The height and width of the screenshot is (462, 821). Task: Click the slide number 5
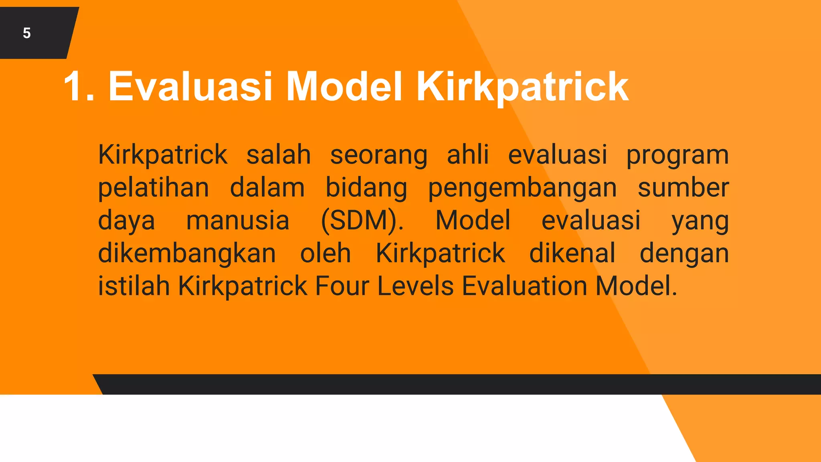pyautogui.click(x=27, y=33)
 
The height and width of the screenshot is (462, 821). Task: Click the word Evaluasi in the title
pyautogui.click(x=190, y=86)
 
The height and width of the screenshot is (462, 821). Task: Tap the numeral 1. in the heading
pyautogui.click(x=79, y=86)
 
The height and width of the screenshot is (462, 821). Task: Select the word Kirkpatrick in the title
pyautogui.click(x=522, y=86)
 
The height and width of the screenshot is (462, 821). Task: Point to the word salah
pyautogui.click(x=278, y=155)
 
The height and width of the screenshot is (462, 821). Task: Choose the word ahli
pyautogui.click(x=468, y=154)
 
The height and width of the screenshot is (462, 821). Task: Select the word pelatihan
pyautogui.click(x=154, y=188)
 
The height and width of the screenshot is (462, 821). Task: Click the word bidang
pyautogui.click(x=366, y=188)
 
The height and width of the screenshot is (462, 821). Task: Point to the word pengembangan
pyautogui.click(x=522, y=188)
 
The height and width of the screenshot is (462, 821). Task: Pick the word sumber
pyautogui.click(x=683, y=188)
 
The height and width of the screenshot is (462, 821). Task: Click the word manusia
pyautogui.click(x=238, y=220)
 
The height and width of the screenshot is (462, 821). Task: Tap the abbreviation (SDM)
pyautogui.click(x=362, y=220)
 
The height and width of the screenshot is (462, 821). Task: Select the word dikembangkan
pyautogui.click(x=187, y=253)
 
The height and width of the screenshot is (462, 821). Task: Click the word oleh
pyautogui.click(x=326, y=253)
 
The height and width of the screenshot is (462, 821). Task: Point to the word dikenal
pyautogui.click(x=572, y=253)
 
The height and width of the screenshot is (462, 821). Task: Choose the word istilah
pyautogui.click(x=134, y=286)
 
